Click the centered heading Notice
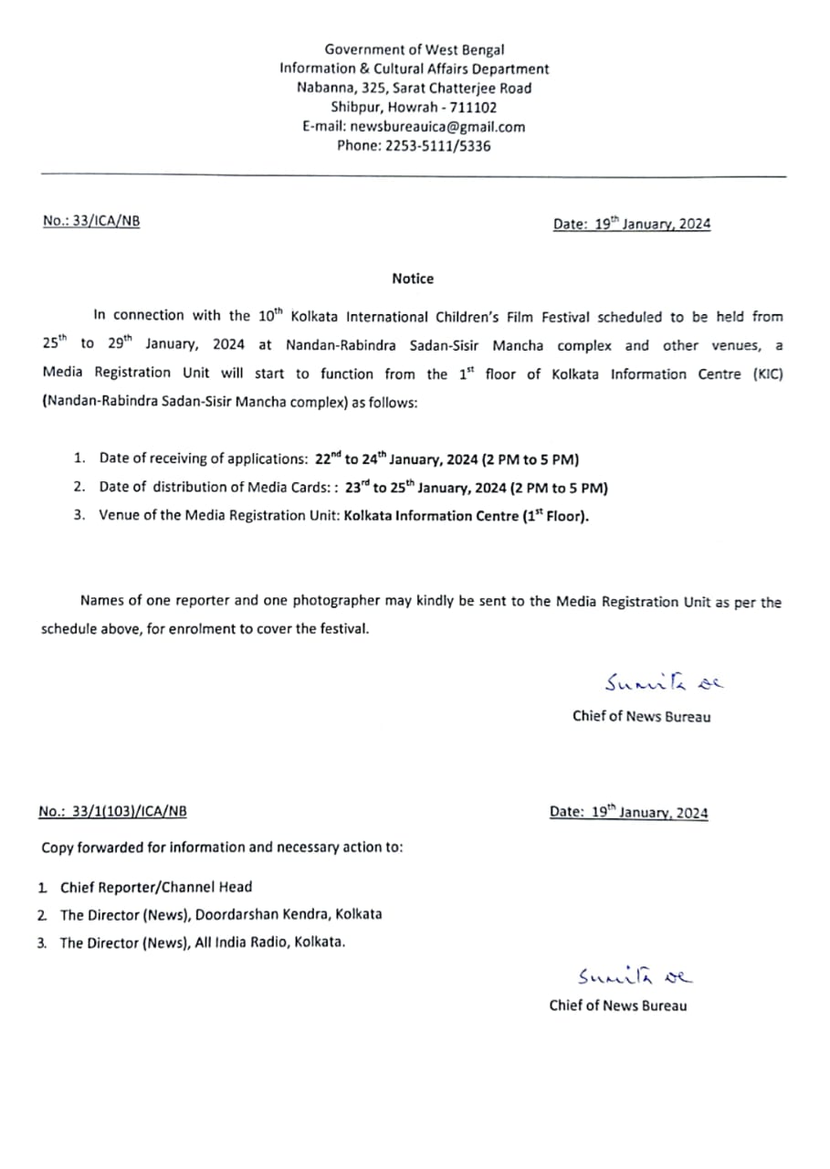(413, 279)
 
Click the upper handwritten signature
(663, 683)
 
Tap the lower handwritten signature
(635, 976)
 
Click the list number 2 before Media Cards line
(79, 487)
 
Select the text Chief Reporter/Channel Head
(156, 887)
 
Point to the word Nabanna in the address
(320, 89)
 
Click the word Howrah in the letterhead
(414, 108)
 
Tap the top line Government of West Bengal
(415, 50)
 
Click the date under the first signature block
(628, 812)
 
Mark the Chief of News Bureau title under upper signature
(641, 716)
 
